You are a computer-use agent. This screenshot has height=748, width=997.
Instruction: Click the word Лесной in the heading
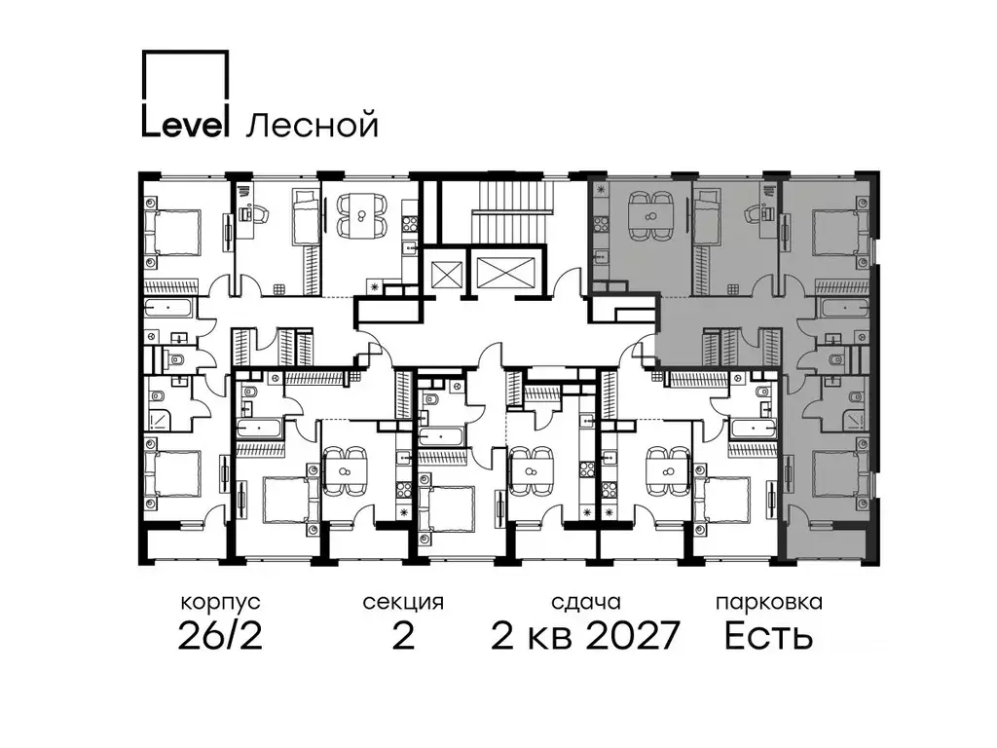click(312, 126)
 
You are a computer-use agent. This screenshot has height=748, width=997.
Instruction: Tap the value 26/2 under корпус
click(220, 635)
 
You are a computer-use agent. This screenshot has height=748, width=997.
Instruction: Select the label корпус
click(221, 602)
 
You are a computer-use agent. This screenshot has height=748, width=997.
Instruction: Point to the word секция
click(403, 602)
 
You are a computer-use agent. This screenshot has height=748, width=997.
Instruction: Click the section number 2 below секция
click(403, 635)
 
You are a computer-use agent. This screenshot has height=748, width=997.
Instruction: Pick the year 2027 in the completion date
click(633, 635)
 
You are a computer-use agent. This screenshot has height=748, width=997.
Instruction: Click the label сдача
click(586, 602)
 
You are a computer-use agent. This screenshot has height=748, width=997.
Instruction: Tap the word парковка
click(769, 602)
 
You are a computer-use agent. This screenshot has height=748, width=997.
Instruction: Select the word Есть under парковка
click(769, 635)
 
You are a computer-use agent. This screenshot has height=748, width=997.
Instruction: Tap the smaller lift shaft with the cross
click(441, 275)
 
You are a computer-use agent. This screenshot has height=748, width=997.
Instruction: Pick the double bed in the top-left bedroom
click(171, 232)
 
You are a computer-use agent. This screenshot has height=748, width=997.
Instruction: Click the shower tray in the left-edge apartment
click(164, 419)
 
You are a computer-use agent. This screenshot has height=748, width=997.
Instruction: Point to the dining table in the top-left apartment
click(361, 216)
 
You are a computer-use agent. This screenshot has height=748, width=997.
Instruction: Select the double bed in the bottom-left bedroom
click(171, 473)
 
